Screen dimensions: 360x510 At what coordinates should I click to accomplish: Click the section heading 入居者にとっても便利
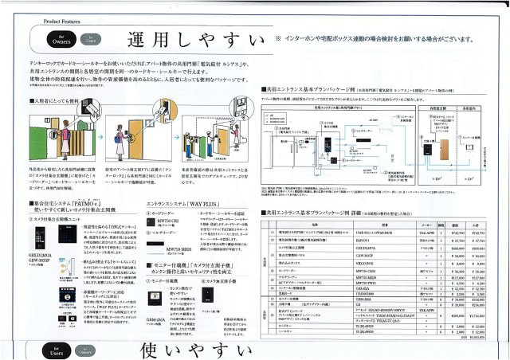tap(51, 102)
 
